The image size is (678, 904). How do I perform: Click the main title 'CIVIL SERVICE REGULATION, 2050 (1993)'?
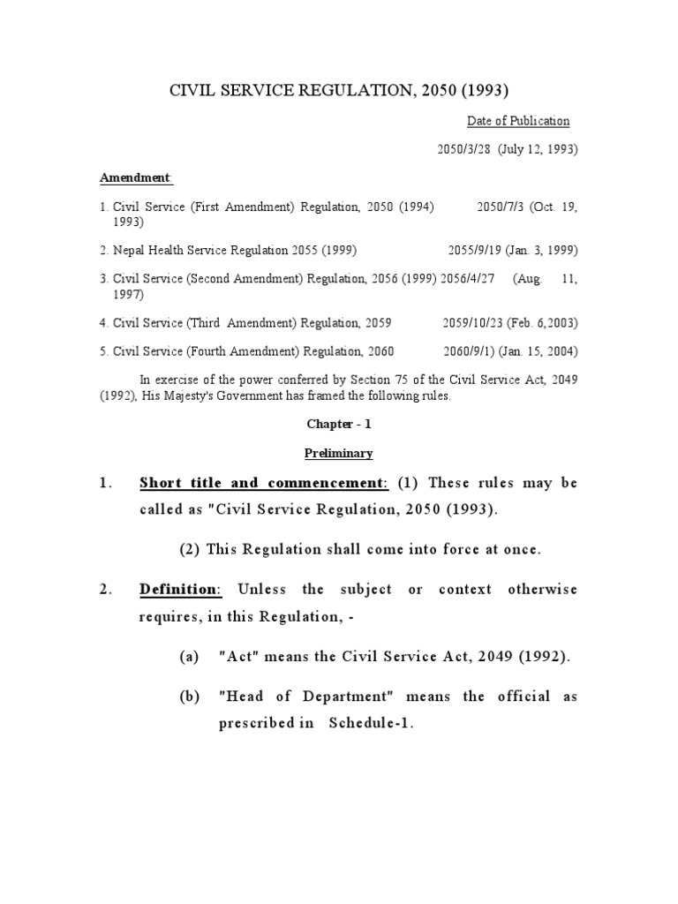(339, 90)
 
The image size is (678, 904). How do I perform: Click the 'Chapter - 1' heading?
(339, 424)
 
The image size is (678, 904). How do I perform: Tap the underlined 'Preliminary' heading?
(339, 453)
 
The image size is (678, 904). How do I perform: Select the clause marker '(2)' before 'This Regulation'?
(190, 549)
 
